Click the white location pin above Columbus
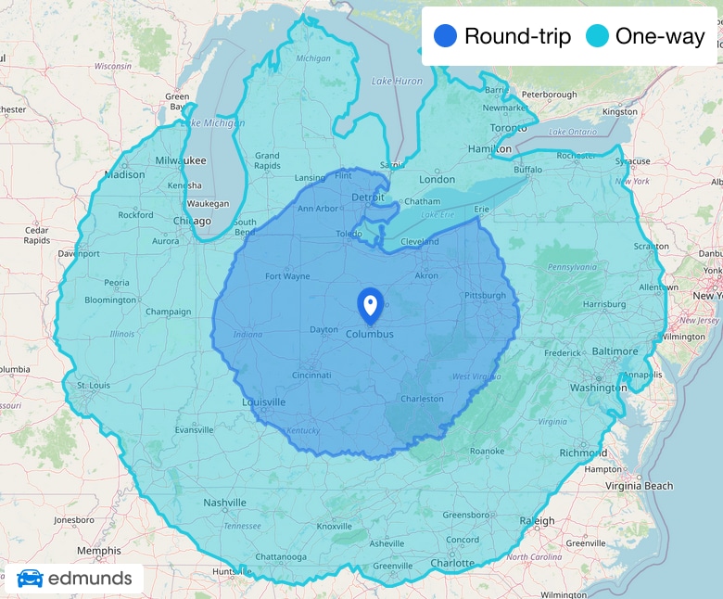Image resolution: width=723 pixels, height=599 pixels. point(370,304)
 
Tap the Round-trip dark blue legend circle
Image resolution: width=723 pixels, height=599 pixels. point(445,36)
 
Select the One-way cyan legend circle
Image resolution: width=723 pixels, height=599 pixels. point(597,36)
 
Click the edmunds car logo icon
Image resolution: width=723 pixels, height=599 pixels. point(30,579)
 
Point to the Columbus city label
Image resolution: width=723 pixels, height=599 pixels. point(370,334)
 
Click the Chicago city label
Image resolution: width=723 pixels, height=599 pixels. point(192,221)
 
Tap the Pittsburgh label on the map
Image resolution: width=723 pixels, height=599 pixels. point(486,295)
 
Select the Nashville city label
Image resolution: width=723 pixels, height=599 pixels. point(225,502)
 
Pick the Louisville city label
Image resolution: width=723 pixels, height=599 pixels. point(263,402)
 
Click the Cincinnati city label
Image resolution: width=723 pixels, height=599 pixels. point(311,375)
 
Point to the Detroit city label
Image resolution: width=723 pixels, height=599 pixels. point(367,198)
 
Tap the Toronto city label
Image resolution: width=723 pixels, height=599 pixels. point(508,127)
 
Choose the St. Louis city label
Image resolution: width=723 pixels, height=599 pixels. point(94,384)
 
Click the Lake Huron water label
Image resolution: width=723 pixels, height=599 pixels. point(397,82)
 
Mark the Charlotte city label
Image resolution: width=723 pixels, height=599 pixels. point(452,563)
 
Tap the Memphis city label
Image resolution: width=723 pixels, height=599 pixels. point(98,550)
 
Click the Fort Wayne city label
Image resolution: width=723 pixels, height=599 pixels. point(287,275)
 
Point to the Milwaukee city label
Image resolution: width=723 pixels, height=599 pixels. point(181,159)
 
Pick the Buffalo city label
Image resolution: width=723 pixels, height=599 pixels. point(527,170)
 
